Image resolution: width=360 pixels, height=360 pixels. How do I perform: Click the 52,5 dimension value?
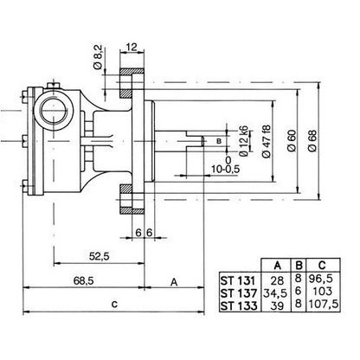pos(100,256)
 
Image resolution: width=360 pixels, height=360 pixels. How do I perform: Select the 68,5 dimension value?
pos(84,280)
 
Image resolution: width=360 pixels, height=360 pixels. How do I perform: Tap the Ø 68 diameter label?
pos(312,141)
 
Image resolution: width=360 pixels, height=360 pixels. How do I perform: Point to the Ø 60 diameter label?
pos(292,141)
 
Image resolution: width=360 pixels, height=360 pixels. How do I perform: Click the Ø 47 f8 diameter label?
pos(267,141)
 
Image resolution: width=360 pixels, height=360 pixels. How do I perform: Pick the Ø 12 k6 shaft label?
pos(244,141)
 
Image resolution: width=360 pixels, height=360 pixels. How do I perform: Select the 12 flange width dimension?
pos(132,47)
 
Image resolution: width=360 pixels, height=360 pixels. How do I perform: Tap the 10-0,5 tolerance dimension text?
pos(225,169)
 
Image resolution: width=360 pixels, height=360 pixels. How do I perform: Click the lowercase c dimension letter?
pos(114,304)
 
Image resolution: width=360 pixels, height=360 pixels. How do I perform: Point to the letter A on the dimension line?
pos(174,282)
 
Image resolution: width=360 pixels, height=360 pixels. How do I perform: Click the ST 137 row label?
pos(238,293)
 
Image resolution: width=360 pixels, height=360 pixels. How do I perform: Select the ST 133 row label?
pos(238,305)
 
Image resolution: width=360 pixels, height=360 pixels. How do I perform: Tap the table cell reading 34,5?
pos(275,293)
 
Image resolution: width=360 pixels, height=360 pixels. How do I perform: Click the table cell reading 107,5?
pos(324,304)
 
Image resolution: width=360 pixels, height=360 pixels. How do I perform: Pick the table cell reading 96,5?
pos(321,279)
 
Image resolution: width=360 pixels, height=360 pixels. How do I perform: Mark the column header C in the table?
pos(322,265)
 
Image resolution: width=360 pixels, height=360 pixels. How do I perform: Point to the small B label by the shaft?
pos(219,141)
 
